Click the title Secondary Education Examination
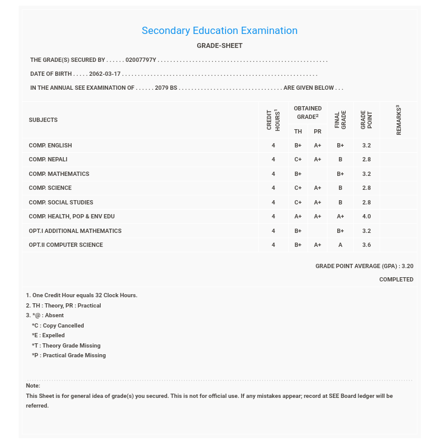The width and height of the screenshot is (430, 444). coord(220,31)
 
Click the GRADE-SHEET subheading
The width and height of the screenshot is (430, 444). coord(220,46)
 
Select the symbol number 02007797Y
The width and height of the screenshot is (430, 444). coord(141,60)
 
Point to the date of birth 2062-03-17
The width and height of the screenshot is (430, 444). coord(105,74)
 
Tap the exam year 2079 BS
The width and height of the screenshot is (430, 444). coord(166,88)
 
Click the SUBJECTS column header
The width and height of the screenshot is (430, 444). coord(43,120)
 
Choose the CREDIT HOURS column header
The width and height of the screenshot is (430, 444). coord(273,119)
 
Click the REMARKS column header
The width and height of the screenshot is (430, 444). coord(398,119)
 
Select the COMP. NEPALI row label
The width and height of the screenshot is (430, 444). coord(48,160)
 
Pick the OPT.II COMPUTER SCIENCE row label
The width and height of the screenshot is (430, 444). coord(66,245)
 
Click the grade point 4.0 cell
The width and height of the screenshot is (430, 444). coord(366,217)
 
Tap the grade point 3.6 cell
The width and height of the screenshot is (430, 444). coord(366,245)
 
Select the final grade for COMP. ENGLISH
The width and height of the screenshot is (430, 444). coord(340,146)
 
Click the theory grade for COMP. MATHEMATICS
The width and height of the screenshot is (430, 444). coord(298,174)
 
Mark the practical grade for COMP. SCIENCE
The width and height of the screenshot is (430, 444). coord(317,188)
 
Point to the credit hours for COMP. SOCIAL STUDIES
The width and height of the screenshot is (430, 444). coord(273,203)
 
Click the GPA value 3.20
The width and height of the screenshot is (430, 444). coord(407,266)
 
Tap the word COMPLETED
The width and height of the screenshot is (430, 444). coord(396,280)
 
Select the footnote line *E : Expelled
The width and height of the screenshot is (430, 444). coord(49,335)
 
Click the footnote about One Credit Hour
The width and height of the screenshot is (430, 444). coord(82,295)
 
